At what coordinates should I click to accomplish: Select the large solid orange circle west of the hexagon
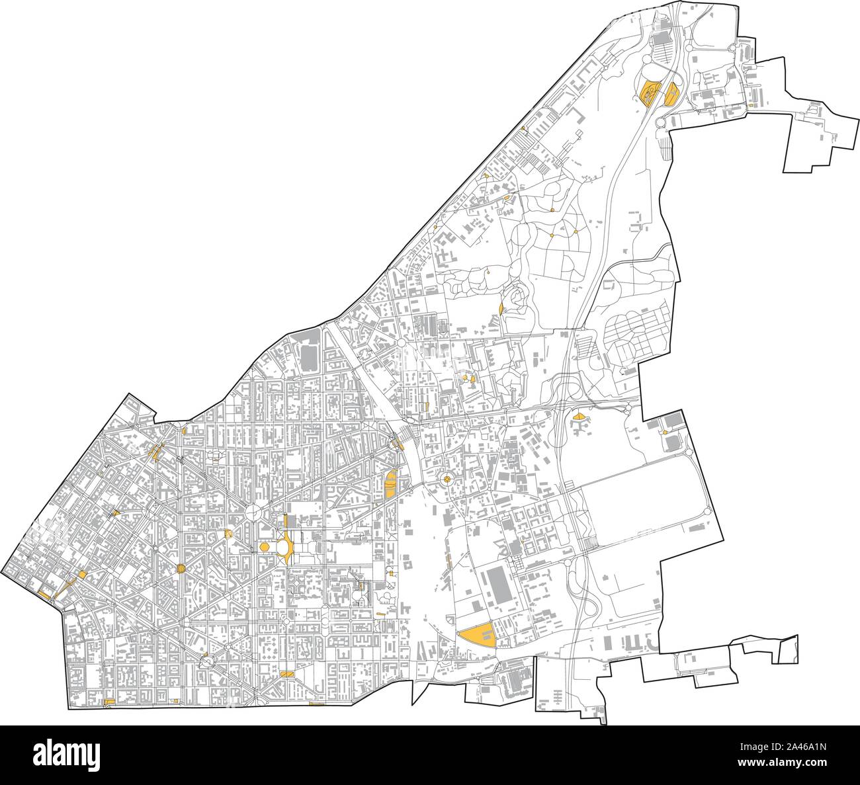[x=181, y=568]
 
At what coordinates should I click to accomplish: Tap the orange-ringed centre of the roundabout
[x=447, y=479]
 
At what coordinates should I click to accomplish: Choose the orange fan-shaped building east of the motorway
[x=580, y=417]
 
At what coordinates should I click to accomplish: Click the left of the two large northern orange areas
[x=649, y=93]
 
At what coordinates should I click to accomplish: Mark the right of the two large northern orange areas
[x=673, y=95]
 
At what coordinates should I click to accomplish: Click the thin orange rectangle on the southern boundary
[x=316, y=704]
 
